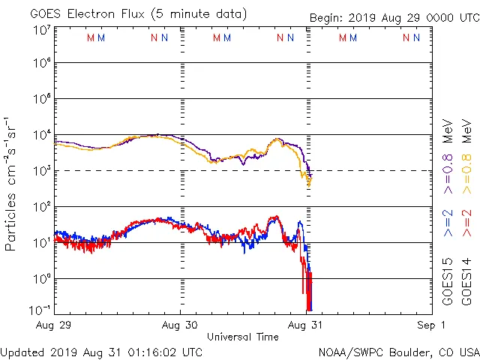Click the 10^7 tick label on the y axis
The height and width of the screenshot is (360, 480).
pyautogui.click(x=41, y=31)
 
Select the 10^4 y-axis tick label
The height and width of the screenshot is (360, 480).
pyautogui.click(x=41, y=135)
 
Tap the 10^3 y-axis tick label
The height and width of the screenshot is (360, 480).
pyautogui.click(x=41, y=171)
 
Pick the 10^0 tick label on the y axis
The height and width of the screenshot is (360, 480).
pyautogui.click(x=41, y=279)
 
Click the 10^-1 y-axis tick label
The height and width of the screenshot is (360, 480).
pyautogui.click(x=41, y=310)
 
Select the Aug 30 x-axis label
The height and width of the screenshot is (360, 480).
pyautogui.click(x=181, y=325)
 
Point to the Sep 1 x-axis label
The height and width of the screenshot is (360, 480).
pyautogui.click(x=433, y=325)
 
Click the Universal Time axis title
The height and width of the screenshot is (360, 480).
pyautogui.click(x=242, y=337)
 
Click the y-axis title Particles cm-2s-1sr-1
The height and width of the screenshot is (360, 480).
pyautogui.click(x=10, y=184)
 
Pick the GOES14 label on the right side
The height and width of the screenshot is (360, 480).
pyautogui.click(x=466, y=280)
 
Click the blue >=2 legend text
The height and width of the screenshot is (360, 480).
pyautogui.click(x=448, y=223)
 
